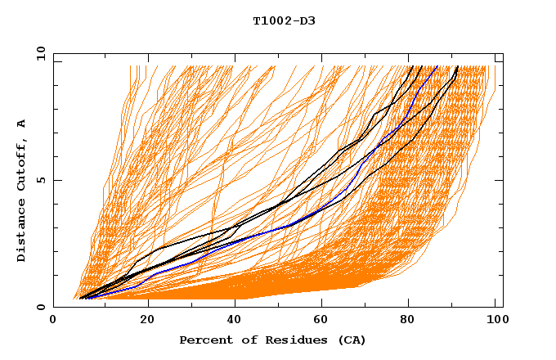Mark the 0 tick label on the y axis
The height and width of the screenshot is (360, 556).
pyautogui.click(x=40, y=307)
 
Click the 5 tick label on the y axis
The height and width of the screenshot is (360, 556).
pyautogui.click(x=40, y=180)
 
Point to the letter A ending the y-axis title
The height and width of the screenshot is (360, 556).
pyautogui.click(x=22, y=124)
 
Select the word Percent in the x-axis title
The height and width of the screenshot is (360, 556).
pyautogui.click(x=204, y=340)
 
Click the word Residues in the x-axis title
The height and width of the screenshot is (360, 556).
pyautogui.click(x=285, y=340)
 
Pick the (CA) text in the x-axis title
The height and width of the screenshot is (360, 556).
pyautogui.click(x=352, y=340)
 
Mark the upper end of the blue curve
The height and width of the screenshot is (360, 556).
pyautogui.click(x=437, y=66)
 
